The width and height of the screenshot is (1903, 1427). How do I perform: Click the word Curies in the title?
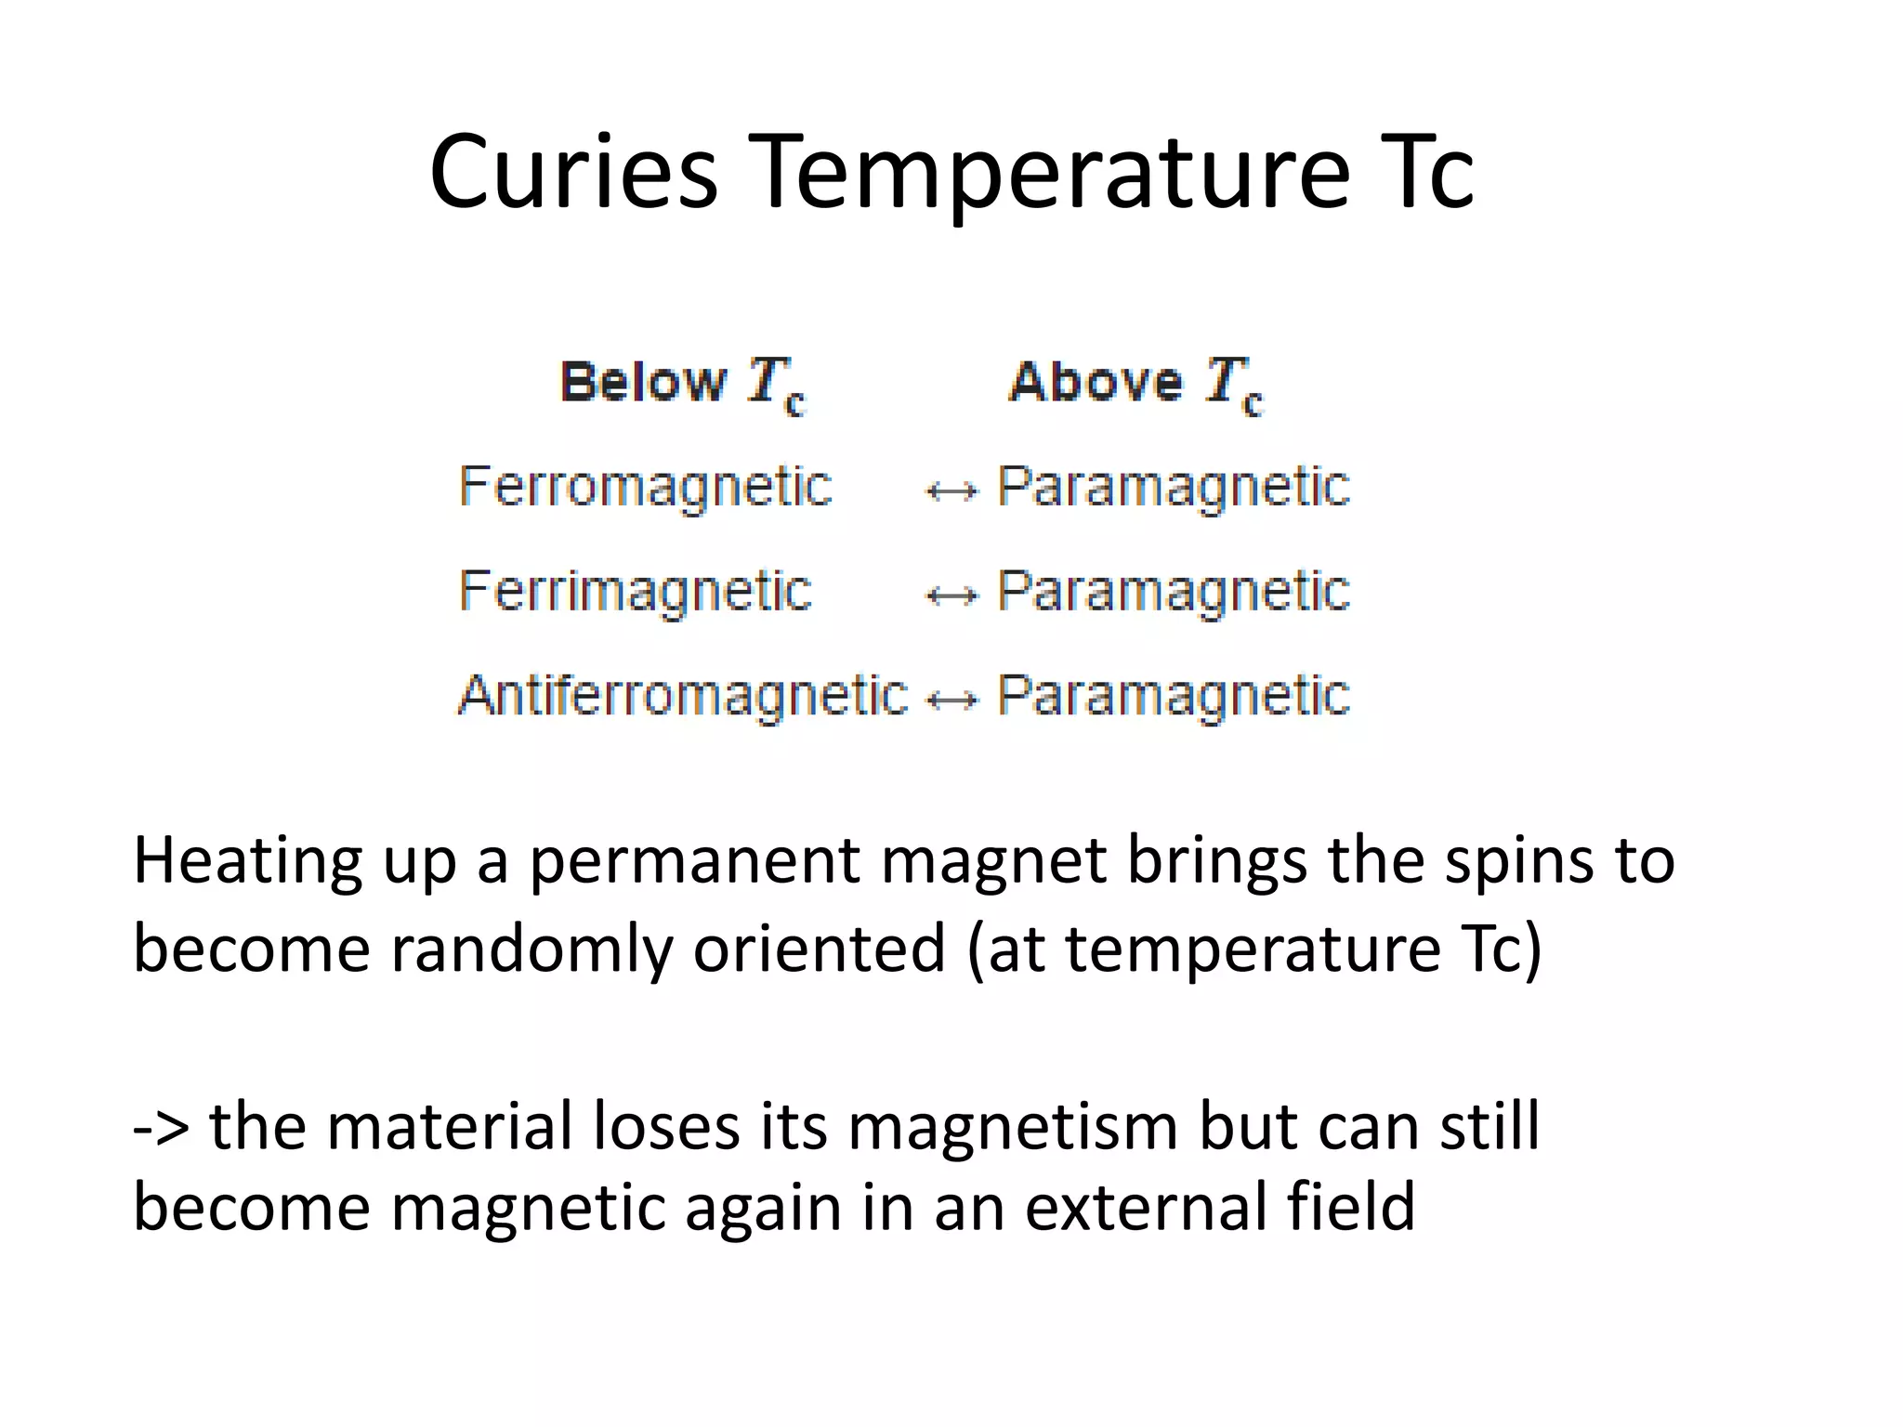click(573, 172)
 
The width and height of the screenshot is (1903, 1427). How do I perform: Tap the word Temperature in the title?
click(1047, 172)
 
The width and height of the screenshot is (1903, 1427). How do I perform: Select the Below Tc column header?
click(683, 384)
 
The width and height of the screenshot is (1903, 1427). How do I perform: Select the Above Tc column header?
click(1136, 384)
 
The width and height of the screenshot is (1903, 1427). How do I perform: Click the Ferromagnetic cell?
click(646, 487)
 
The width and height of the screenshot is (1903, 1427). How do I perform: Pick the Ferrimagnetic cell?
click(636, 592)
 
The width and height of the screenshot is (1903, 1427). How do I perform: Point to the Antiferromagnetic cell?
click(683, 696)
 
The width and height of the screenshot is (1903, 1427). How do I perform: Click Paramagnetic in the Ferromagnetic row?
click(1173, 487)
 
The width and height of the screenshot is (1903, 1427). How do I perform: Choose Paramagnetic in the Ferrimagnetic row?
click(1173, 592)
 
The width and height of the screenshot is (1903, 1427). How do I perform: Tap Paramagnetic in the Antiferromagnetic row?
click(1173, 696)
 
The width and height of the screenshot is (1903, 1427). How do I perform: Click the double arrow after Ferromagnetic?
click(952, 491)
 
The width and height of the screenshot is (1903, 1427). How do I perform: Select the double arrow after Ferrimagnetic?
click(952, 596)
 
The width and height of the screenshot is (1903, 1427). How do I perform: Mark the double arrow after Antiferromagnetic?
click(952, 700)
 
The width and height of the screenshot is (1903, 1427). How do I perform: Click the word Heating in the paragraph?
click(248, 861)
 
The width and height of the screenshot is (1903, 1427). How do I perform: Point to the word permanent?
click(695, 861)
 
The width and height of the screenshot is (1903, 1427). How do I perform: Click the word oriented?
click(819, 949)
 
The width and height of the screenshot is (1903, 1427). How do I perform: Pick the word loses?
click(666, 1126)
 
